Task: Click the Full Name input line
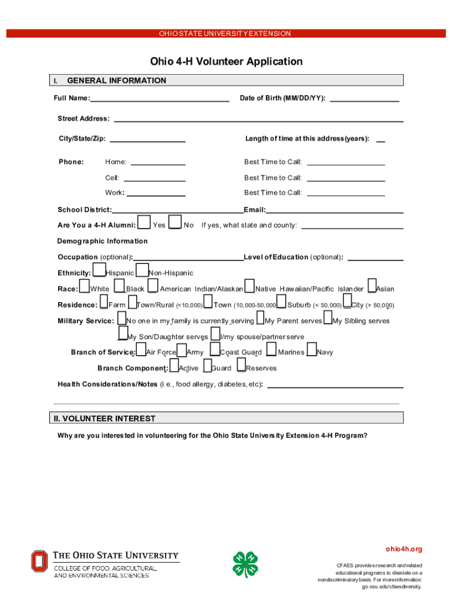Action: [x=160, y=98]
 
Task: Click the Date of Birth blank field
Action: [x=365, y=98]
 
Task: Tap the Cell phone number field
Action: [x=155, y=178]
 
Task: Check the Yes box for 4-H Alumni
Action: [x=143, y=222]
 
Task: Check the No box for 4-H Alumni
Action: [x=175, y=222]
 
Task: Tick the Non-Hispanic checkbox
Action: [x=142, y=270]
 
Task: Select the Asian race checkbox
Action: [x=372, y=286]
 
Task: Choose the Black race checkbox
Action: [x=120, y=286]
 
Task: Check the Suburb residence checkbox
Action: [x=281, y=302]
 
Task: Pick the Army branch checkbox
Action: [x=181, y=350]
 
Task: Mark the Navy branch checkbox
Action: [x=312, y=350]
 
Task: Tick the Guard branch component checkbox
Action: [x=207, y=366]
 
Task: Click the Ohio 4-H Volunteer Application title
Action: [x=226, y=62]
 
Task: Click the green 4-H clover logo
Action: [x=245, y=564]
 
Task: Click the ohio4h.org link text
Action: [x=403, y=549]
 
